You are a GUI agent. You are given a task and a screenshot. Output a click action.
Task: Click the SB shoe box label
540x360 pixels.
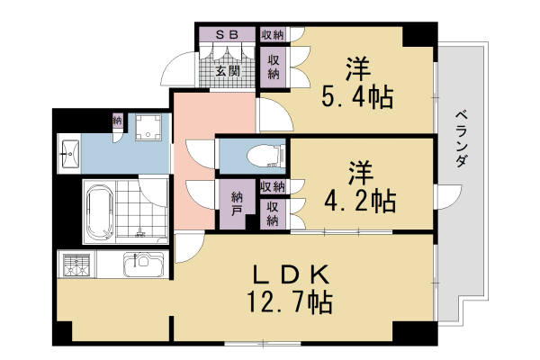point(227,34)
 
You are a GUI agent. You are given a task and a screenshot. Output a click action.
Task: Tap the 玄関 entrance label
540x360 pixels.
point(227,70)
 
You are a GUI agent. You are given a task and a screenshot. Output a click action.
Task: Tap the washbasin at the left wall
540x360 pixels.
point(68,155)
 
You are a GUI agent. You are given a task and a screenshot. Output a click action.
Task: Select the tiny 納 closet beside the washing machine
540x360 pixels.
point(117,120)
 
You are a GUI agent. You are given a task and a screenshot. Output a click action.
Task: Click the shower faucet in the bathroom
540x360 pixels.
point(139,232)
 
